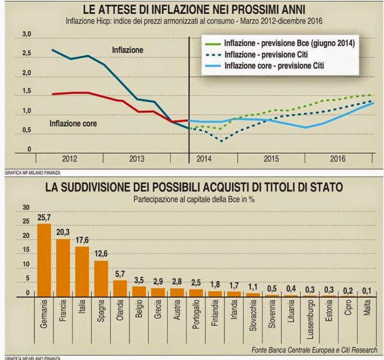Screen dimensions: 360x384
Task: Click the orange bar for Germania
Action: (x=44, y=260)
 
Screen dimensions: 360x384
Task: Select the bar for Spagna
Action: (x=101, y=278)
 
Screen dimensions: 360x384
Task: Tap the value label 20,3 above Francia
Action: (x=63, y=232)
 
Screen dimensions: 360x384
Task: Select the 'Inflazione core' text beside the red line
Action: (x=73, y=124)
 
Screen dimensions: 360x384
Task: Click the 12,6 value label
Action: (x=101, y=253)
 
